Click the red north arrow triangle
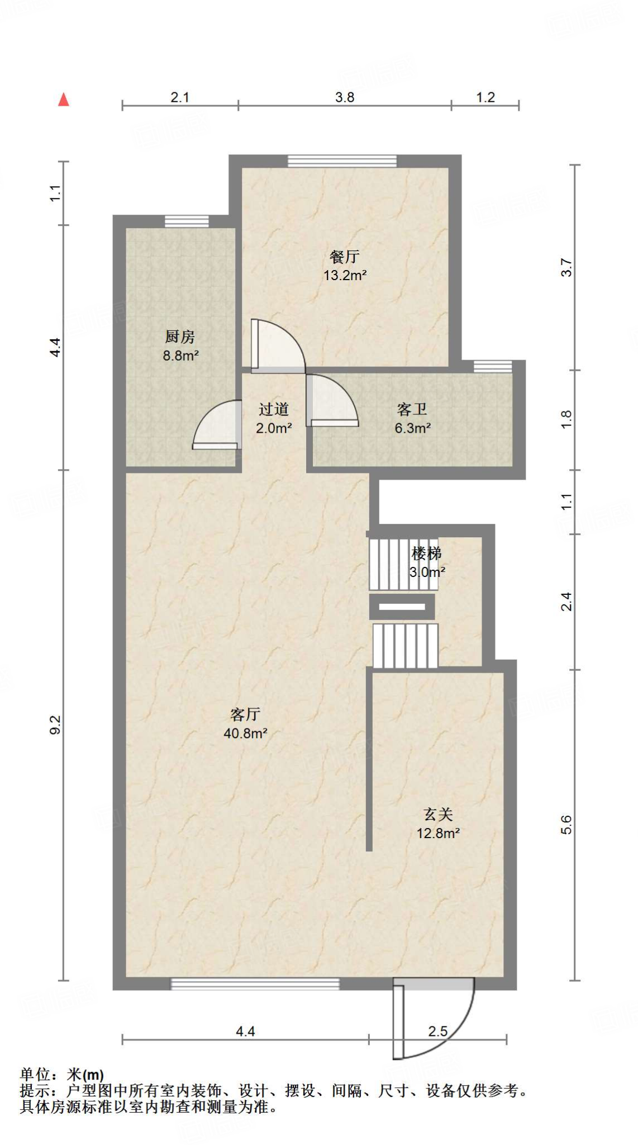64,100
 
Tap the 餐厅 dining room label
344,257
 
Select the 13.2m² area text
345,275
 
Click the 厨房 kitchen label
180,337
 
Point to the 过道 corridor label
274,409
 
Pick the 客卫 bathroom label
412,409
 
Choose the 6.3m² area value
412,428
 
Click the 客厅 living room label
245,714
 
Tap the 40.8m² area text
245,733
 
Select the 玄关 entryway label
438,814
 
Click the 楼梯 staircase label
427,553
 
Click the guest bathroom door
332,400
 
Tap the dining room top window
342,161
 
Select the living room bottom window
255,984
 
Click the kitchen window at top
187,221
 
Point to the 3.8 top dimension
345,97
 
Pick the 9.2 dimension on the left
55,725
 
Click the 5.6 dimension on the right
566,825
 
